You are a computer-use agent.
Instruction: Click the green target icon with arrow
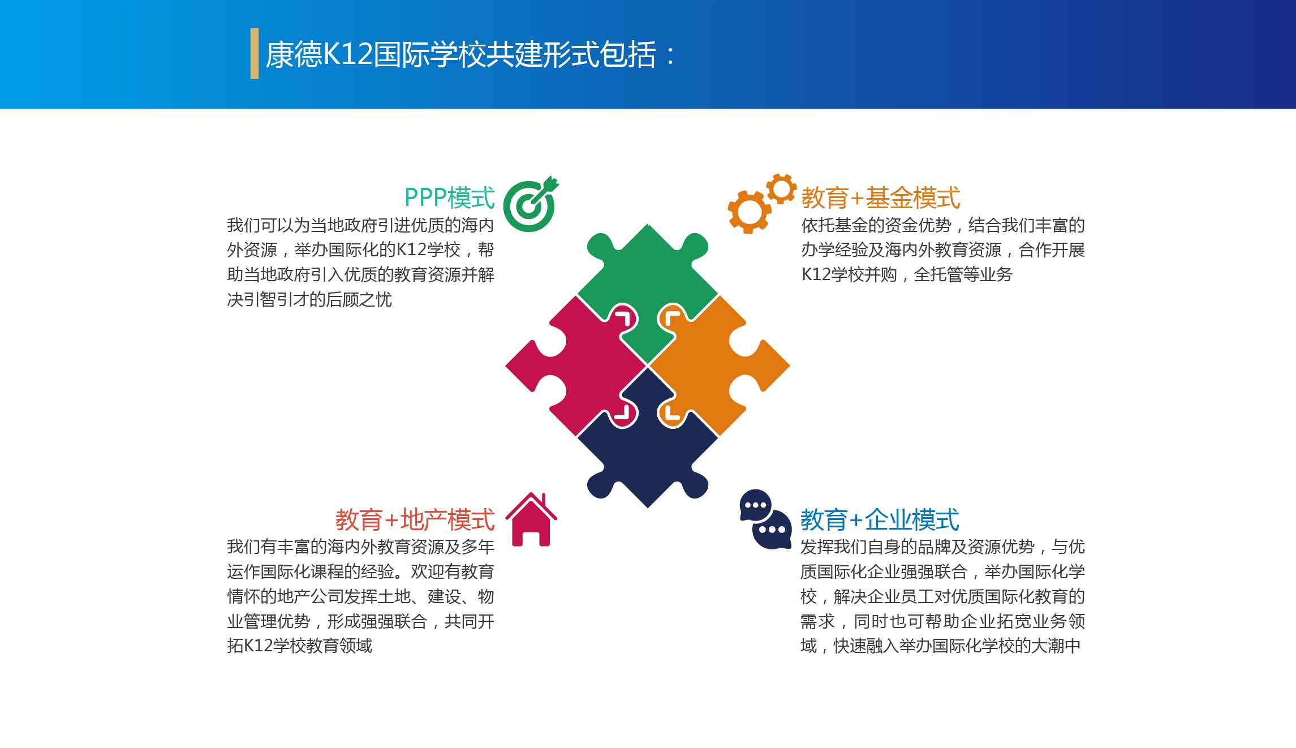tap(529, 205)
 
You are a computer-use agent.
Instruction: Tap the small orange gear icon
tap(781, 188)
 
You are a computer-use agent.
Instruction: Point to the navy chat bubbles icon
tap(765, 519)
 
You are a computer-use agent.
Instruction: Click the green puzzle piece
tap(648, 283)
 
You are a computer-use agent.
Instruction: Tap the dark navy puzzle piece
tap(648, 447)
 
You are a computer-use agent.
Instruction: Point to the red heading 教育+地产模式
tap(415, 519)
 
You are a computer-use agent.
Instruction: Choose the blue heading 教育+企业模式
tap(880, 519)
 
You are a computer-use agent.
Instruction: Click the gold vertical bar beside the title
tap(255, 53)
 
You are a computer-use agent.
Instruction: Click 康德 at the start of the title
tap(294, 55)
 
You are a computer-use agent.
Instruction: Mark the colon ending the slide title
tap(671, 55)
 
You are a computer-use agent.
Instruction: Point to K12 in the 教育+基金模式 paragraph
tap(816, 274)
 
